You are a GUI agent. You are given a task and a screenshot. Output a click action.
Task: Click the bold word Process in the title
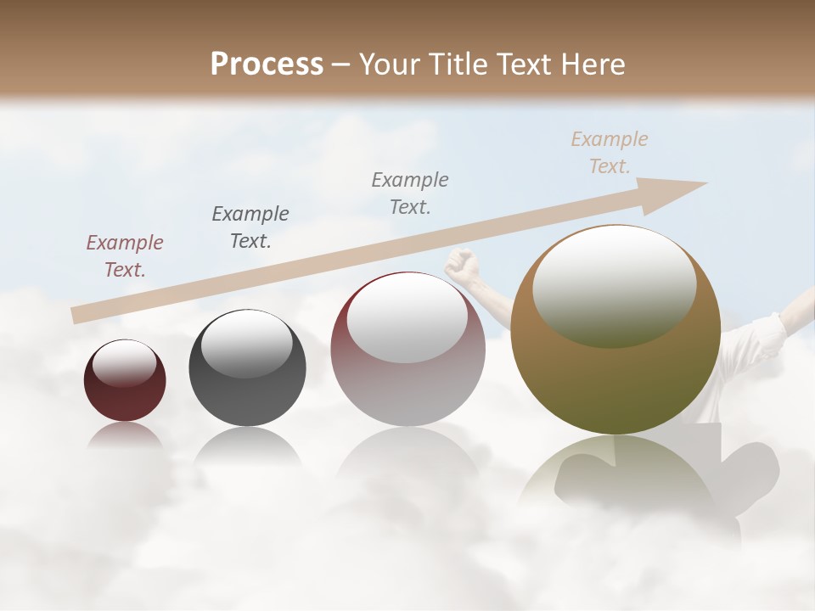point(267,64)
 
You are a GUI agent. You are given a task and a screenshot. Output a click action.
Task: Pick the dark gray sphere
point(247,369)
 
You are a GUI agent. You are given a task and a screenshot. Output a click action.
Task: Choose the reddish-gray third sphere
point(407,350)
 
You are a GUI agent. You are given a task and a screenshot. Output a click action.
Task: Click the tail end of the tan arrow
point(78,315)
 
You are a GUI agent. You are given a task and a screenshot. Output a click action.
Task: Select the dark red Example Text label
point(124,256)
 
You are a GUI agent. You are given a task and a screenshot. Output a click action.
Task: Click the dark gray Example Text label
point(250,227)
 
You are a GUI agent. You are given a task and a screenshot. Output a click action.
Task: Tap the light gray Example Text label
point(410,193)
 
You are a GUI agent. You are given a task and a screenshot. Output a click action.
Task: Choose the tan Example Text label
point(610,153)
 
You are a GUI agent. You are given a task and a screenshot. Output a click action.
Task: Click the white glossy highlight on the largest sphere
point(614,284)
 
